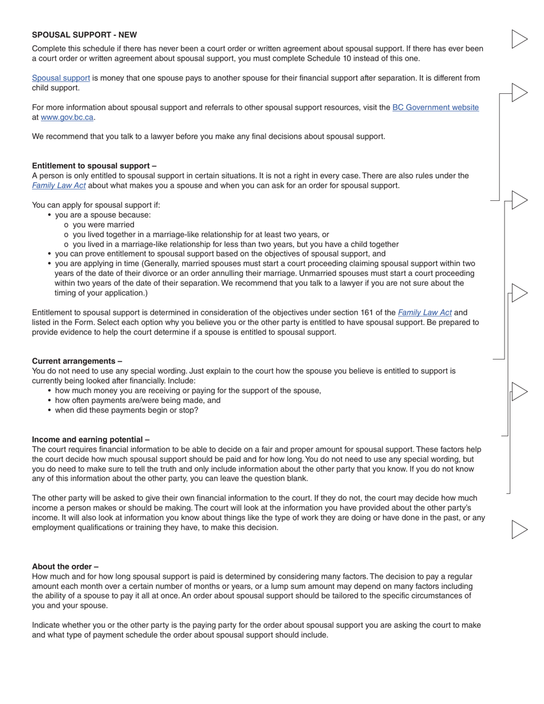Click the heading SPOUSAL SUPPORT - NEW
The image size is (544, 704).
click(x=84, y=35)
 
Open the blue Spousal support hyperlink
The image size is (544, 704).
click(x=61, y=78)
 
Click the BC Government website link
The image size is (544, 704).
click(x=435, y=108)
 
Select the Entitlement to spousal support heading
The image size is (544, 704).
click(x=94, y=166)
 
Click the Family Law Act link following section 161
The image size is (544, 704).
click(x=424, y=313)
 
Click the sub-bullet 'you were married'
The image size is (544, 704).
click(x=103, y=225)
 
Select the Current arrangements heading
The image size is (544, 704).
click(x=77, y=361)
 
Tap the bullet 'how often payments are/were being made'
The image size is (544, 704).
click(x=137, y=401)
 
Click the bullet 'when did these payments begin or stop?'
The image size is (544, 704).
click(x=127, y=410)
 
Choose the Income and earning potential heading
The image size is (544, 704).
click(x=90, y=440)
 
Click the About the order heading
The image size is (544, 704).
click(x=65, y=567)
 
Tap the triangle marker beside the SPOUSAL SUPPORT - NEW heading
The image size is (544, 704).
click(x=518, y=39)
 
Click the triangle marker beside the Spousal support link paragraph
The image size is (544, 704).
click(x=518, y=93)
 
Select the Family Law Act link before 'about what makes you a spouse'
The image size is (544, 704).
click(x=59, y=185)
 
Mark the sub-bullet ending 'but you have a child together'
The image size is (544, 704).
click(x=235, y=244)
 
